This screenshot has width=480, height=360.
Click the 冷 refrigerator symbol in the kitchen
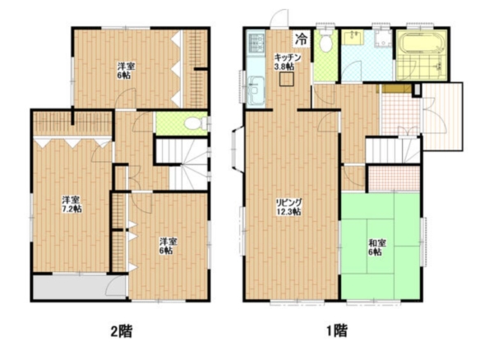[301, 39]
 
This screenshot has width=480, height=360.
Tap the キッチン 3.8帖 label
[287, 62]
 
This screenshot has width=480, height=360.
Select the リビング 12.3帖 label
[288, 207]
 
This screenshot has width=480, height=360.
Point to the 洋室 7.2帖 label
[72, 205]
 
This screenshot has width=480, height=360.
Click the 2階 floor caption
[121, 331]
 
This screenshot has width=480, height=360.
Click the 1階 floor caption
[337, 330]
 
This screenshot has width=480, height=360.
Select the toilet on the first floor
[325, 41]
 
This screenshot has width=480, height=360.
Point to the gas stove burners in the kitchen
[256, 43]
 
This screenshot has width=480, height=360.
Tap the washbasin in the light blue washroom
[353, 38]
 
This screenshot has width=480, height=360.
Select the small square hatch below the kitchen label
[287, 79]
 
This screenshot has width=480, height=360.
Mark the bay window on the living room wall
[238, 150]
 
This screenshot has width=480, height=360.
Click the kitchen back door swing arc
[279, 18]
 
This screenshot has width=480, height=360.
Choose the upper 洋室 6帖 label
[127, 71]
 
